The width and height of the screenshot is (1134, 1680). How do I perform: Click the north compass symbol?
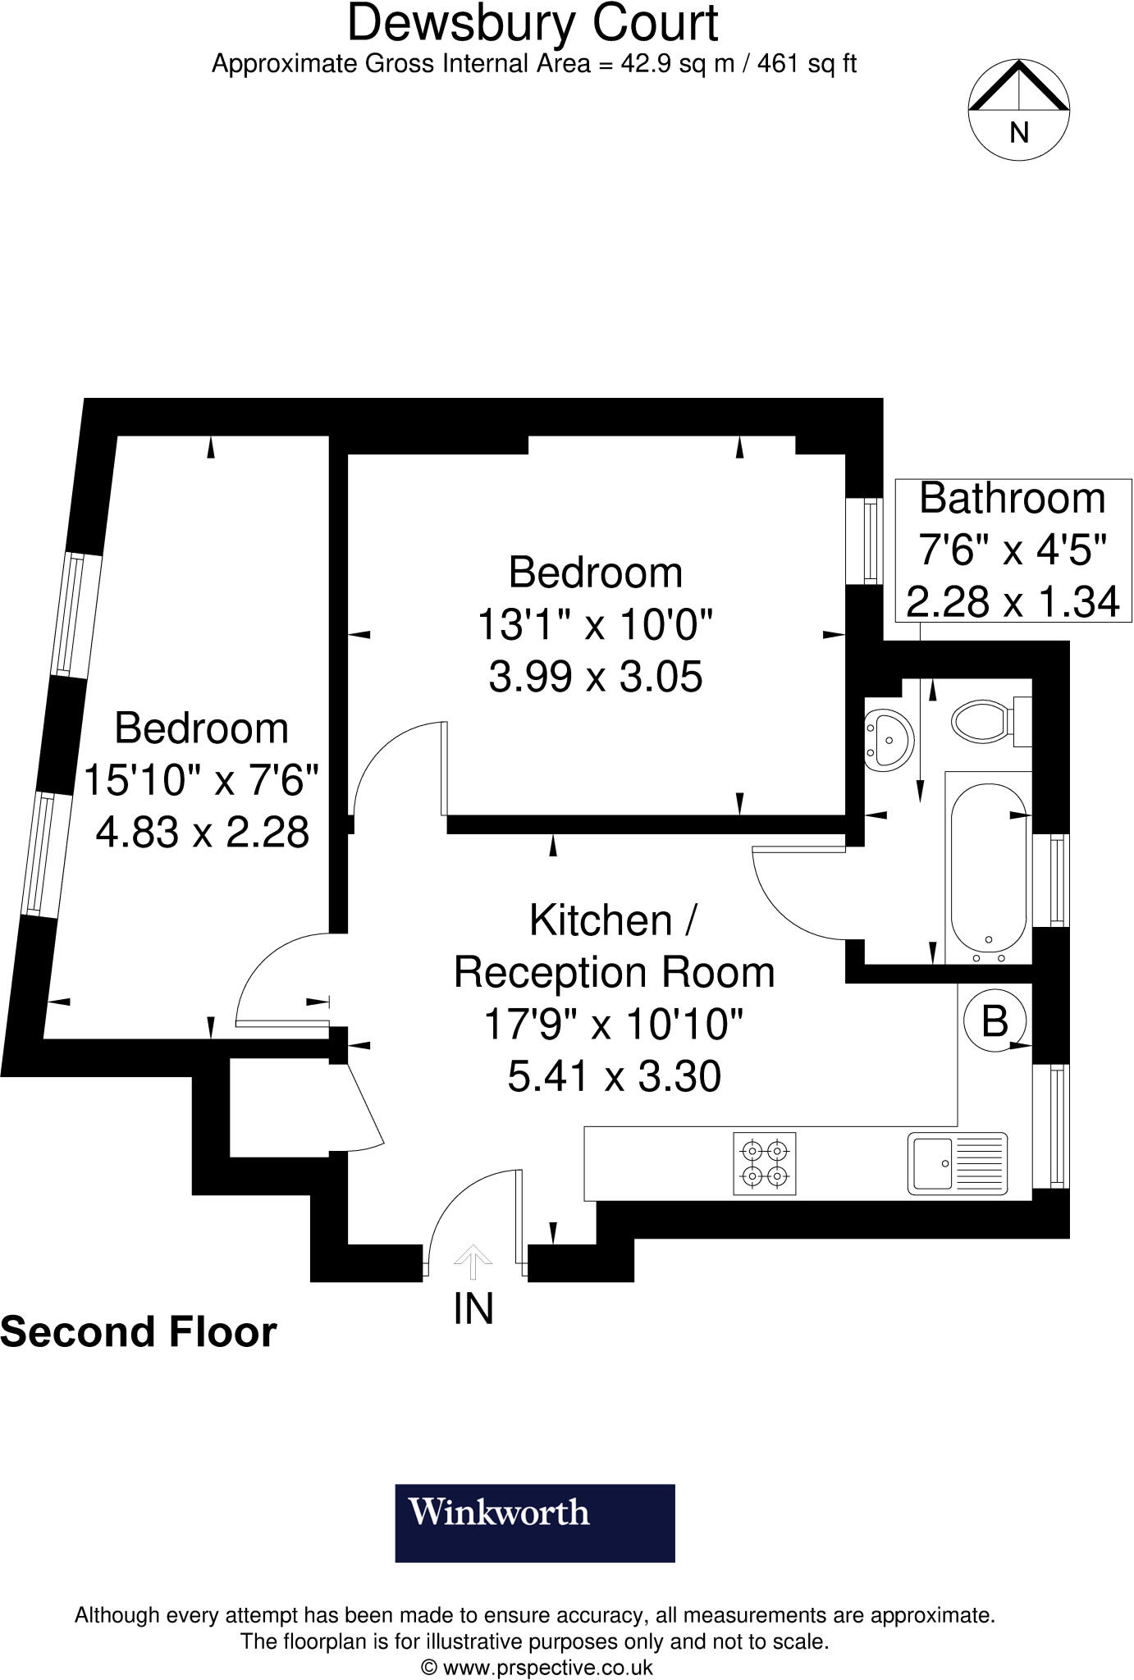[x=1019, y=109]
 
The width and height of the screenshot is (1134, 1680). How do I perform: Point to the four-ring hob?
[x=764, y=1164]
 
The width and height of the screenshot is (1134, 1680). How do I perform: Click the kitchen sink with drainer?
[x=957, y=1163]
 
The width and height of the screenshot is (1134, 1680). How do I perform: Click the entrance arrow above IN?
[x=473, y=1262]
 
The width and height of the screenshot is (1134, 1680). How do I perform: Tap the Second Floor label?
[x=138, y=1332]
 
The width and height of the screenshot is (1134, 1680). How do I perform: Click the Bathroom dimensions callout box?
[x=1013, y=550]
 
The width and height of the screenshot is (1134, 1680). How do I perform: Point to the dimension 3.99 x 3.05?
[x=595, y=678]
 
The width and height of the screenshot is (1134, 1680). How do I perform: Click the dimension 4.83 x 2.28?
[x=202, y=832]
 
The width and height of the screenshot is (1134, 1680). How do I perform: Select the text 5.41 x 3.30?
[x=614, y=1075]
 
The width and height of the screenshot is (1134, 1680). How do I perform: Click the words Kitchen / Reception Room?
[x=614, y=947]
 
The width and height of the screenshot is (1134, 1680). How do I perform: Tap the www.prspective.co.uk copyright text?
[x=537, y=1667]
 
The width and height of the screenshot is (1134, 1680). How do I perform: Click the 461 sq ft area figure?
[x=807, y=64]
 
